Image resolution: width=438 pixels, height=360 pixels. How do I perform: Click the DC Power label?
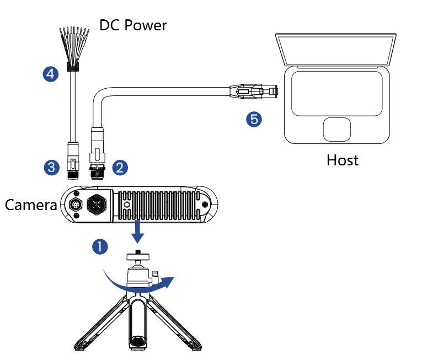coord(132,25)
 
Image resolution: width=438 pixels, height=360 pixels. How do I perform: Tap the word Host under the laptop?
coord(342,160)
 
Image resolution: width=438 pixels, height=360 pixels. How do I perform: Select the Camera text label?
coord(31,206)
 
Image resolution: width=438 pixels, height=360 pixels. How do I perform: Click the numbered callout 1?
coord(100,246)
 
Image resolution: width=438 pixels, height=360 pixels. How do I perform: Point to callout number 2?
coord(120,167)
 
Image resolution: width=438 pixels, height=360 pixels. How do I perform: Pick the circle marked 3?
coord(51,167)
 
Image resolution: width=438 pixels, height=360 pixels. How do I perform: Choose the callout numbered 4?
coord(51,73)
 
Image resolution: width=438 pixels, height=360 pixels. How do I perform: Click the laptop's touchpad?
coord(337,129)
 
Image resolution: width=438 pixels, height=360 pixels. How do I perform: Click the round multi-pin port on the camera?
coord(76,205)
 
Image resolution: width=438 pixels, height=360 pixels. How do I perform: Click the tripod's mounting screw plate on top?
coord(137,255)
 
